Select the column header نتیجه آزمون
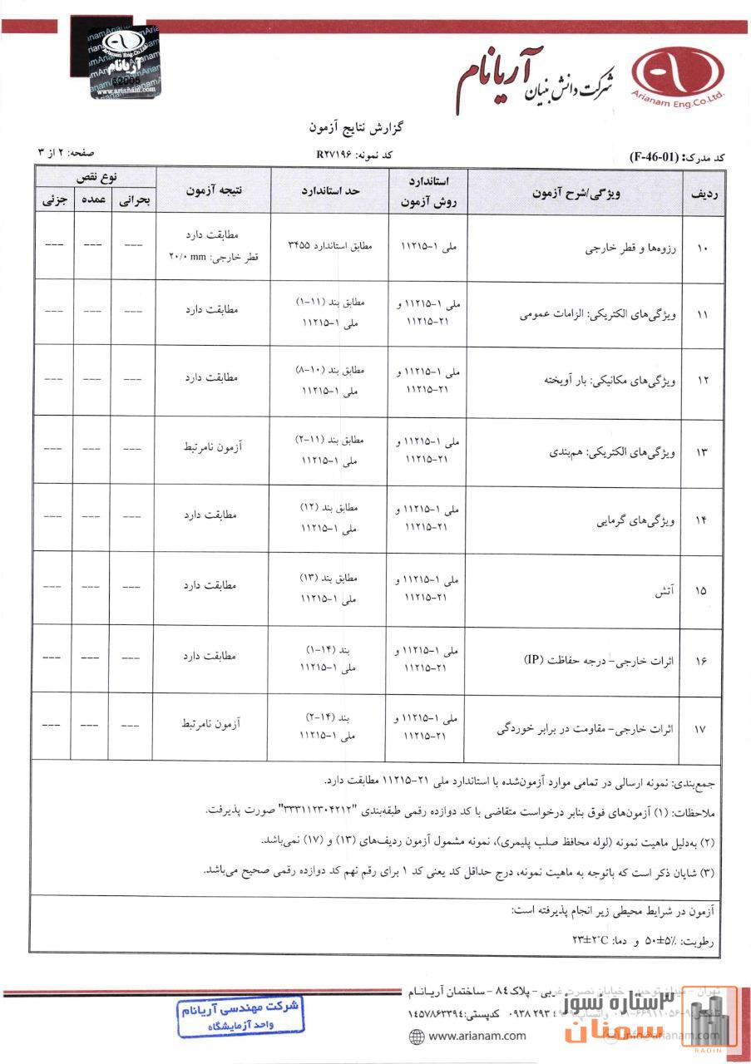(213, 190)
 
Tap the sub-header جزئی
(54, 200)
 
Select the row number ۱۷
(700, 729)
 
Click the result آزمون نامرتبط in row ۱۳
(211, 448)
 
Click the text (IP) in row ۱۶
(533, 659)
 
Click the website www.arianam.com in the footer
(470, 1035)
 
